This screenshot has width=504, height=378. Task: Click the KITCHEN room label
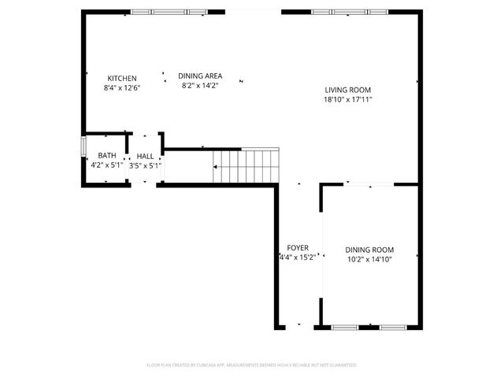pyautogui.click(x=122, y=78)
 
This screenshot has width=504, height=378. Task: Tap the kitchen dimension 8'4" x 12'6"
pyautogui.click(x=122, y=87)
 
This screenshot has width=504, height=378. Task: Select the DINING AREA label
pyautogui.click(x=199, y=75)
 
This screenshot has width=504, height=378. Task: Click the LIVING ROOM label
pyautogui.click(x=347, y=90)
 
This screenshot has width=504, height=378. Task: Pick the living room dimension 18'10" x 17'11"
pyautogui.click(x=347, y=99)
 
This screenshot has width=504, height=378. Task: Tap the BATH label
pyautogui.click(x=107, y=156)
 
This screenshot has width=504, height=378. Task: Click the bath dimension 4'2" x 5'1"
pyautogui.click(x=107, y=165)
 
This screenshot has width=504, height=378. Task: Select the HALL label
pyautogui.click(x=145, y=156)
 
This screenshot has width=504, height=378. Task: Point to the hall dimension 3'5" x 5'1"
pyautogui.click(x=145, y=165)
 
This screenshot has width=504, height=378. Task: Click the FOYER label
pyautogui.click(x=297, y=247)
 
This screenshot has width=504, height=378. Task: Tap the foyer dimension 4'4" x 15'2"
pyautogui.click(x=297, y=257)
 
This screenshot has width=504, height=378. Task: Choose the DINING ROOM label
pyautogui.click(x=369, y=250)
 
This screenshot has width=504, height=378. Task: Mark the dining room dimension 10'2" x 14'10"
pyautogui.click(x=369, y=259)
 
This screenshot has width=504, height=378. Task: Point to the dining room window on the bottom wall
pyautogui.click(x=367, y=326)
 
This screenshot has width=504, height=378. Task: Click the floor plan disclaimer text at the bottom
pyautogui.click(x=252, y=365)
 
